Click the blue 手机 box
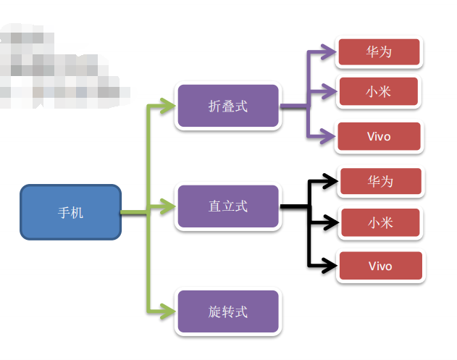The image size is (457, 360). tap(70, 212)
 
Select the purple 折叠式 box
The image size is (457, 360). tap(227, 106)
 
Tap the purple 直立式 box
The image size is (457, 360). tap(227, 206)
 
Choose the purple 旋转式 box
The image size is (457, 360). tap(227, 312)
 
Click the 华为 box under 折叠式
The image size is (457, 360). tap(379, 52)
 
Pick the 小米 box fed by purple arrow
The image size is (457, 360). tap(379, 91)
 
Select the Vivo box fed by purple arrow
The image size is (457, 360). tap(379, 137)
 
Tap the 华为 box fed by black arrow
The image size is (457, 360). tap(380, 181)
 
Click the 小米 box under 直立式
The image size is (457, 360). tap(380, 222)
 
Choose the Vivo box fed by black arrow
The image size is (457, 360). tap(380, 266)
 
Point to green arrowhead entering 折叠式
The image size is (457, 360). tap(168, 106)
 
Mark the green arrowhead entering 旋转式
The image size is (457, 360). tap(168, 312)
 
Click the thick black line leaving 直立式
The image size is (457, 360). tap(293, 207)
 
